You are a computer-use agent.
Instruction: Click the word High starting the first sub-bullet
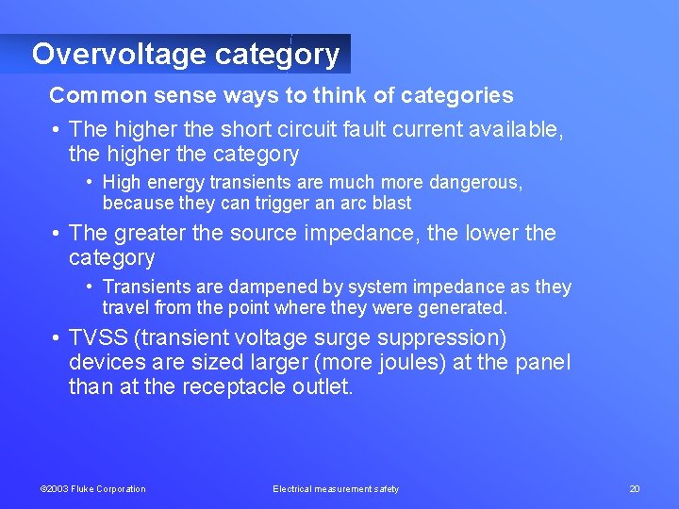(x=122, y=182)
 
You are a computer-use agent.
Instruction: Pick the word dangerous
(x=476, y=182)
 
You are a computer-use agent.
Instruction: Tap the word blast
(x=391, y=203)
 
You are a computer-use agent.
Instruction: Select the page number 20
(x=634, y=489)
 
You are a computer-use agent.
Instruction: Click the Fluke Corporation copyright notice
(x=92, y=489)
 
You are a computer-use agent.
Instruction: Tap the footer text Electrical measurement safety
(x=336, y=489)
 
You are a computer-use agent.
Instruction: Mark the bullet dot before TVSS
(x=57, y=338)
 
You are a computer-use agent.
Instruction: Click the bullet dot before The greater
(x=57, y=233)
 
